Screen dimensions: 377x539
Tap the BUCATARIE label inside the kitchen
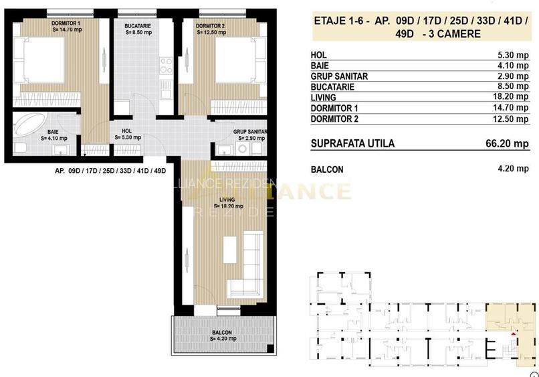[138, 26]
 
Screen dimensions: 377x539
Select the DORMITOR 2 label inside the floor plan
[210, 26]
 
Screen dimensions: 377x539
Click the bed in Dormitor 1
[39, 62]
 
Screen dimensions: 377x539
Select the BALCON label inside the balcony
[222, 333]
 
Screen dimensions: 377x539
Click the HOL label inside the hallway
[126, 131]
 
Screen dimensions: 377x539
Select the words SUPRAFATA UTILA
[352, 143]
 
